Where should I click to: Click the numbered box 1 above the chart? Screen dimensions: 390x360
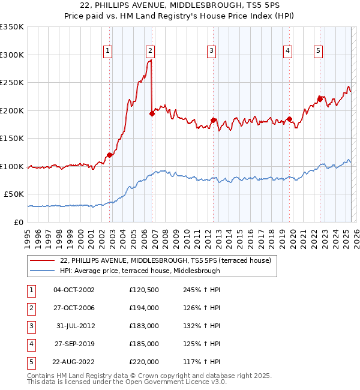pos(107,52)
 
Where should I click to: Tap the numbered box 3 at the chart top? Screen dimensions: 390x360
pos(212,52)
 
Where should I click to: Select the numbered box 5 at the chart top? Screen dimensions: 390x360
pos(318,52)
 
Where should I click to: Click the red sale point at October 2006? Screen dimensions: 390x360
pos(152,114)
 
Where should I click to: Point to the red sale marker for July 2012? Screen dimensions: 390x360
pos(213,120)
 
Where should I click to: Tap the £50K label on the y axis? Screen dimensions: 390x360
pos(14,194)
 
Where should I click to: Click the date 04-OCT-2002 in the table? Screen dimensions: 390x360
pos(74,290)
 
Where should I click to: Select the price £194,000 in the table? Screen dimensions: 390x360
pos(144,308)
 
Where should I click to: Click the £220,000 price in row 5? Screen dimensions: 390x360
pos(144,362)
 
